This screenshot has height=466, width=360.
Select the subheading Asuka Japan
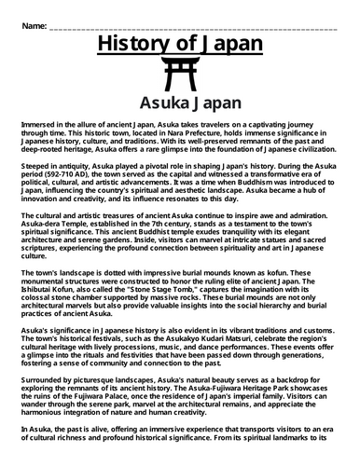coord(180,103)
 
